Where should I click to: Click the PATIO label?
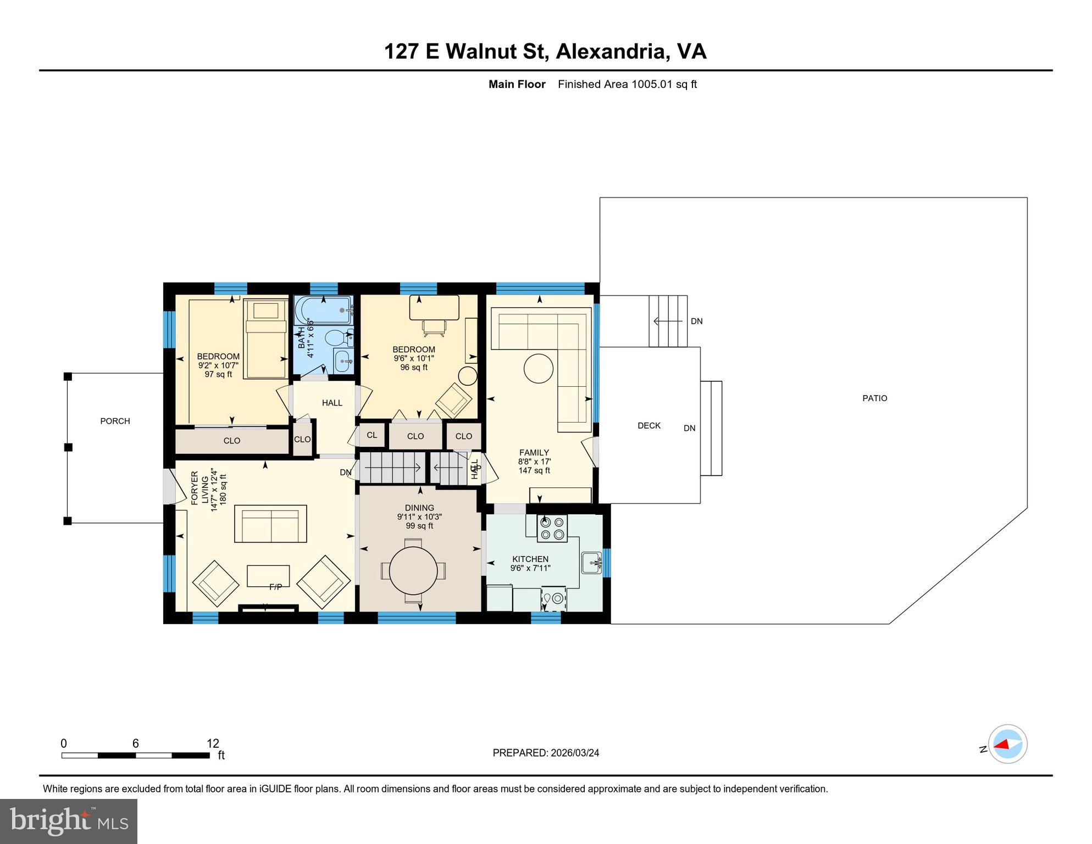[874, 398]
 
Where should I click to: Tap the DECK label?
[648, 425]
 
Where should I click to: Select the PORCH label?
[115, 421]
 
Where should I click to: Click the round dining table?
[413, 570]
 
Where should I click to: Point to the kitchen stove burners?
[552, 528]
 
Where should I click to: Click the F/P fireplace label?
[275, 587]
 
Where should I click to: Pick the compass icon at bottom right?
[1007, 744]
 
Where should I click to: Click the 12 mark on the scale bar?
[213, 743]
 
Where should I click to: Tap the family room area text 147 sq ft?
[534, 470]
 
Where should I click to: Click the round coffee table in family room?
[538, 368]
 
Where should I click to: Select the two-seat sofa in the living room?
[271, 524]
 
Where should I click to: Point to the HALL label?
[332, 403]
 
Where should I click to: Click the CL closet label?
[372, 435]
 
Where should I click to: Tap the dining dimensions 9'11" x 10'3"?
[419, 517]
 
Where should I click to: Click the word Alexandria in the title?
[612, 51]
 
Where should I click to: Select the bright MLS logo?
[69, 821]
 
